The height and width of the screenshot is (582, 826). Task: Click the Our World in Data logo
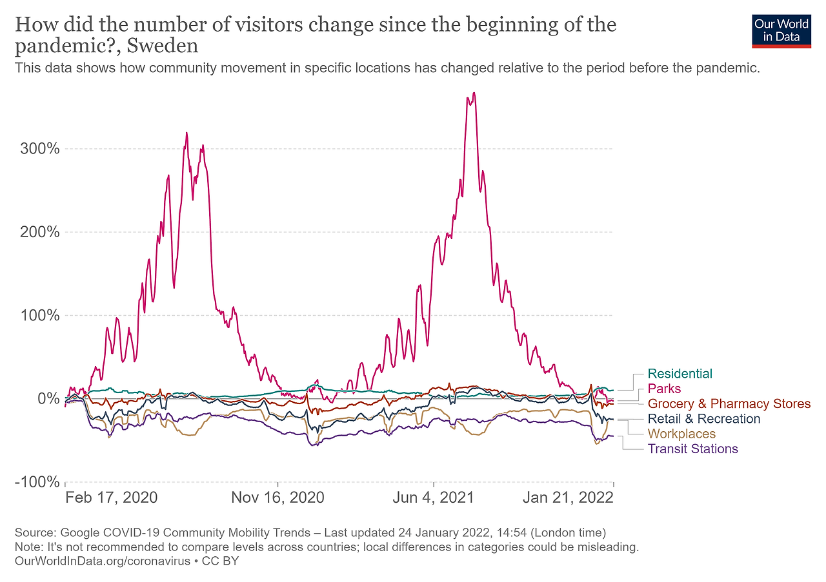coord(781,30)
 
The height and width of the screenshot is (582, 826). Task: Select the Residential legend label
coord(680,374)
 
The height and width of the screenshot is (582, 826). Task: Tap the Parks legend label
coord(664,389)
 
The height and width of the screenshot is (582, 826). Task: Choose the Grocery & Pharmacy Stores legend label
coord(729,404)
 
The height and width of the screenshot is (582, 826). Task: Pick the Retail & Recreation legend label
coord(704,419)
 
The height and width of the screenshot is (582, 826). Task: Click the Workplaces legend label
coord(681,434)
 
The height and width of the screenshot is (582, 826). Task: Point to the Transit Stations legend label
coord(692,449)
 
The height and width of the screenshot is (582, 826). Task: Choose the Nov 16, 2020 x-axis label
coord(278,498)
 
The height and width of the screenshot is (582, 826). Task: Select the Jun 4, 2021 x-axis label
coord(434,498)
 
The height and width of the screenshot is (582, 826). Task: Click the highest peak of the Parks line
coord(474,93)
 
